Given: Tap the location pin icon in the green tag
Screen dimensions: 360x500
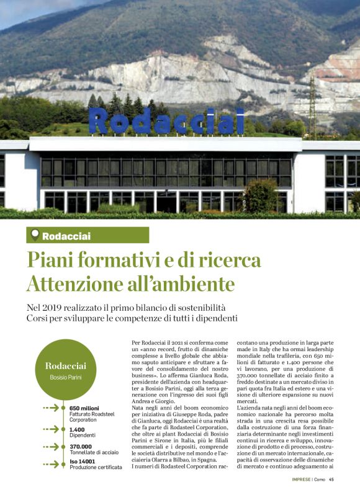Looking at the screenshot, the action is pyautogui.click(x=35, y=235).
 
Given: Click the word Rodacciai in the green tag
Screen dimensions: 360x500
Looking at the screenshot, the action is pyautogui.click(x=66, y=236).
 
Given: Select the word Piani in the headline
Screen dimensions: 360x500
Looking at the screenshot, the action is pyautogui.click(x=52, y=259).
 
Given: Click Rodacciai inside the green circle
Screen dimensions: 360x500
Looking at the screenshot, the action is pyautogui.click(x=66, y=365).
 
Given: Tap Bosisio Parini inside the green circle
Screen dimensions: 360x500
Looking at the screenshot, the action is pyautogui.click(x=66, y=377).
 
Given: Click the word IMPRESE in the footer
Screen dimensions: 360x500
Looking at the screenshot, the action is pyautogui.click(x=302, y=479).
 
